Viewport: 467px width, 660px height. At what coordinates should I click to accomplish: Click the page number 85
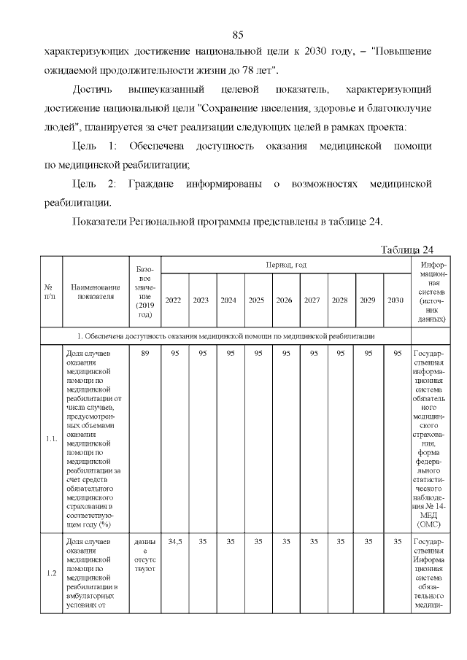pyautogui.click(x=237, y=35)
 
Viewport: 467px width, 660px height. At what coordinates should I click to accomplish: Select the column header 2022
pyautogui.click(x=174, y=300)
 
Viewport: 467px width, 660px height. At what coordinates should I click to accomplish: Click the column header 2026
pyautogui.click(x=285, y=300)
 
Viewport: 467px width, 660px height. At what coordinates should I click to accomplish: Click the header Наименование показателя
pyautogui.click(x=95, y=292)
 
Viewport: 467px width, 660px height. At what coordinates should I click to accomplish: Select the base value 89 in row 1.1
pyautogui.click(x=144, y=354)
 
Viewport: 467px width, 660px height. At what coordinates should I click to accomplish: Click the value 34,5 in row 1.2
pyautogui.click(x=174, y=542)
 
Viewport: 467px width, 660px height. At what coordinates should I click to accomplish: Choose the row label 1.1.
pyautogui.click(x=51, y=438)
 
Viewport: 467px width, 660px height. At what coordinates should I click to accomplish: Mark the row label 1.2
pyautogui.click(x=51, y=572)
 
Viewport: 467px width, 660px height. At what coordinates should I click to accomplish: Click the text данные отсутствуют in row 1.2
pyautogui.click(x=144, y=554)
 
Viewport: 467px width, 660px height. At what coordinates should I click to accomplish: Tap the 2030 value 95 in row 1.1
pyautogui.click(x=397, y=354)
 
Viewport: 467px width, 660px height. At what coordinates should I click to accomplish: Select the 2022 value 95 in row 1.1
pyautogui.click(x=174, y=354)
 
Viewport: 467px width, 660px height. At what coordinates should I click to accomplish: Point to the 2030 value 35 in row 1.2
pyautogui.click(x=397, y=542)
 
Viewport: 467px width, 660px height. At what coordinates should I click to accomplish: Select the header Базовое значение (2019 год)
pyautogui.click(x=144, y=292)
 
